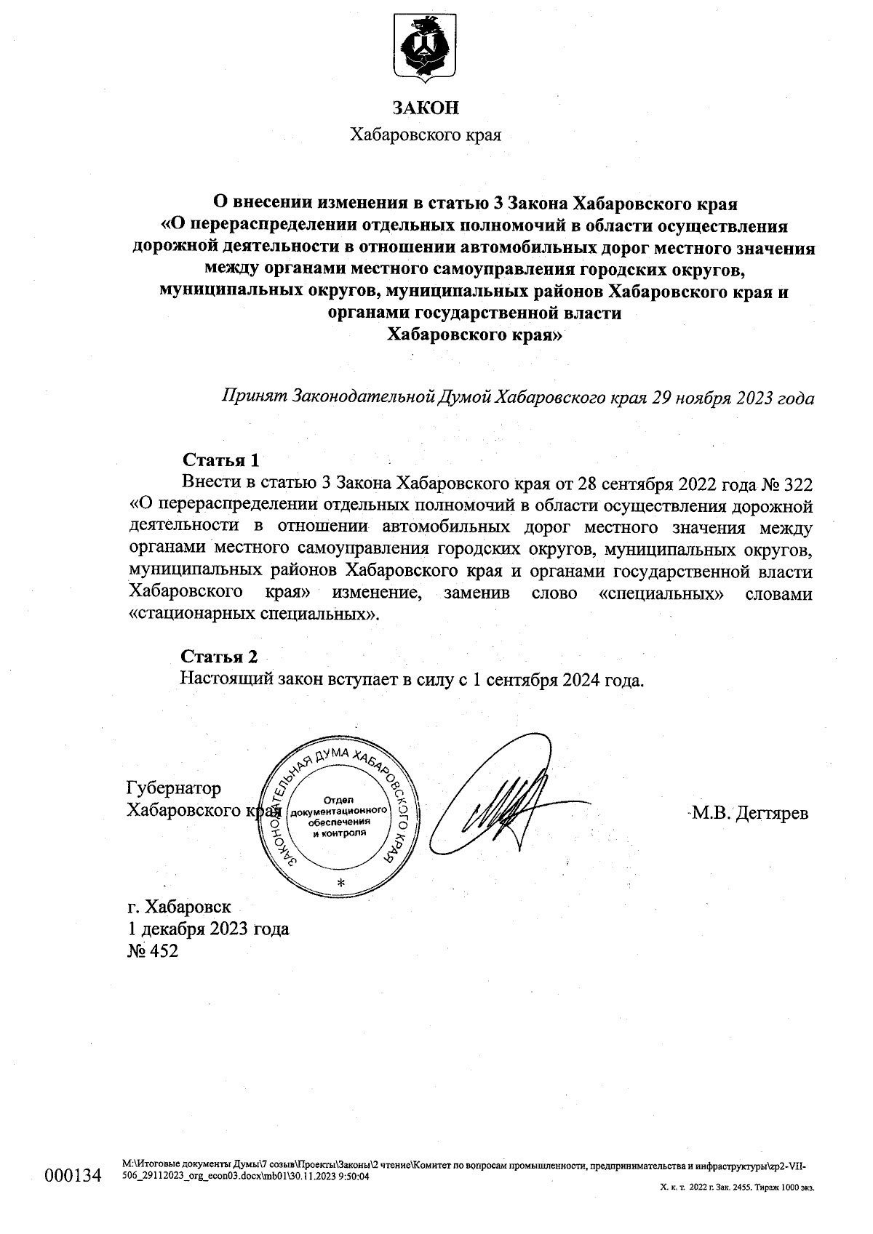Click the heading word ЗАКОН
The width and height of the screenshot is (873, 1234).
click(x=426, y=108)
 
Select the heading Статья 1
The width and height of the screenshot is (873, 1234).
click(x=220, y=460)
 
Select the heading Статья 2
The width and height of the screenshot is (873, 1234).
click(x=219, y=657)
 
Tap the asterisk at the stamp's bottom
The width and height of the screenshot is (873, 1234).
click(x=340, y=883)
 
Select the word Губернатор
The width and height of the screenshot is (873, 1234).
click(x=174, y=788)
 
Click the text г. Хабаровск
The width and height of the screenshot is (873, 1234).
click(x=179, y=907)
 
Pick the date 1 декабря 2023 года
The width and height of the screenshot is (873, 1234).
click(x=208, y=929)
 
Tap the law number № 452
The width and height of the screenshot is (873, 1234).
click(x=152, y=951)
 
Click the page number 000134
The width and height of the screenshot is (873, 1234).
click(x=72, y=1176)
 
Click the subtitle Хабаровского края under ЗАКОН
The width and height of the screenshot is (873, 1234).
click(x=426, y=135)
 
